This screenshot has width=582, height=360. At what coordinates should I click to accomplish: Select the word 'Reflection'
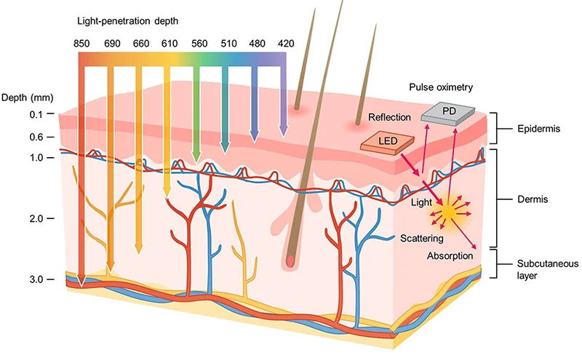[389, 117]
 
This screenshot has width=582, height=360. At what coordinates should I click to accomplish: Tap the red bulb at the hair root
[290, 259]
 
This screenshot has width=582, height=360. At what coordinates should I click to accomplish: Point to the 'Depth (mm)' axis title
[25, 97]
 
